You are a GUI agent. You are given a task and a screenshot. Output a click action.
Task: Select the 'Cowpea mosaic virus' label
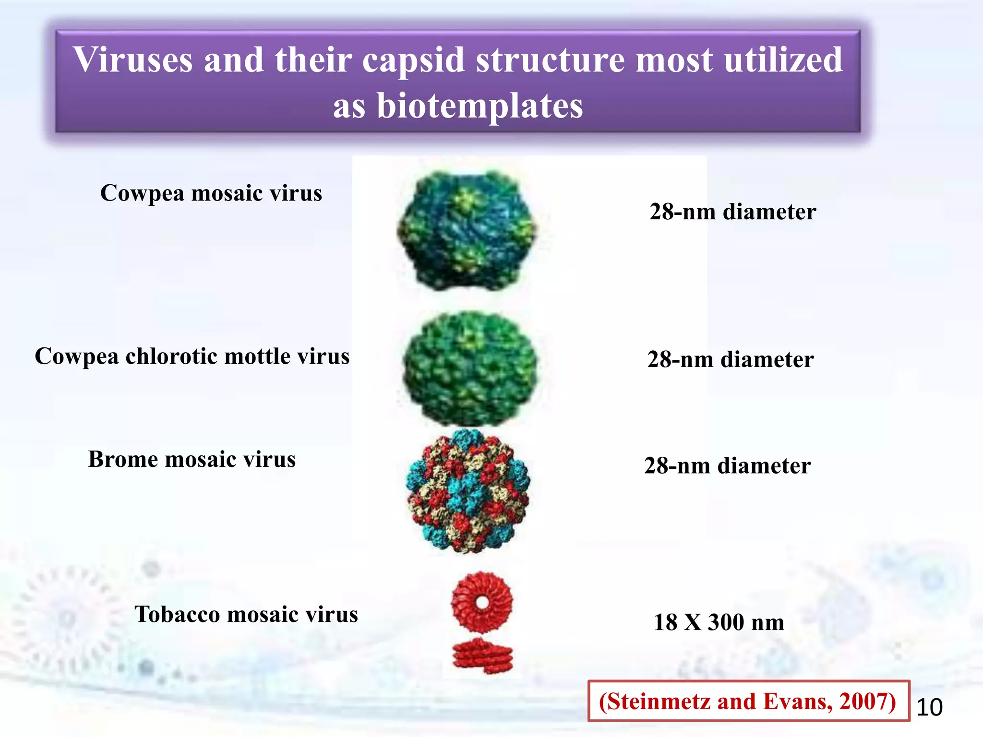pyautogui.click(x=211, y=193)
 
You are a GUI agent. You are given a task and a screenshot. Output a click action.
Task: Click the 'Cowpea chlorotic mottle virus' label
pyautogui.click(x=192, y=357)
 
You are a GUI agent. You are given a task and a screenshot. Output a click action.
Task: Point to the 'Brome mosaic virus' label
pyautogui.click(x=192, y=460)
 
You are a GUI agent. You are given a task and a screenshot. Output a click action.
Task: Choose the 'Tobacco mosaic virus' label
pyautogui.click(x=246, y=615)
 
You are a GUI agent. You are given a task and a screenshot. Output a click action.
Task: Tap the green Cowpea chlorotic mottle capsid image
pyautogui.click(x=469, y=368)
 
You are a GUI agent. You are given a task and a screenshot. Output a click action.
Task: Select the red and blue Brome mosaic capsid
pyautogui.click(x=468, y=492)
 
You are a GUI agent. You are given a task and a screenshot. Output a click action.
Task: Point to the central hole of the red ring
pyautogui.click(x=482, y=602)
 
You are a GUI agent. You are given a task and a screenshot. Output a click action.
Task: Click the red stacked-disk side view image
pyautogui.click(x=482, y=656)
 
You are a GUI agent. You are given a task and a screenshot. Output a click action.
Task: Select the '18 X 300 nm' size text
pyautogui.click(x=719, y=623)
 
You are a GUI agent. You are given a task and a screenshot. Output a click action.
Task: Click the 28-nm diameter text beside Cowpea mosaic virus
pyautogui.click(x=732, y=212)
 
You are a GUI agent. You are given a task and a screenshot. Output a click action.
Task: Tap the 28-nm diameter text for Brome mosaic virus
pyautogui.click(x=727, y=466)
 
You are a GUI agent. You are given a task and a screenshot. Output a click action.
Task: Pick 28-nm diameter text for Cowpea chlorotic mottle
pyautogui.click(x=730, y=360)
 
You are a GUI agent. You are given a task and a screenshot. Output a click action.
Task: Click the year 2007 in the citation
pyautogui.click(x=866, y=701)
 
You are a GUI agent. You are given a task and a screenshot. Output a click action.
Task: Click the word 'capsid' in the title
pyautogui.click(x=413, y=60)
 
